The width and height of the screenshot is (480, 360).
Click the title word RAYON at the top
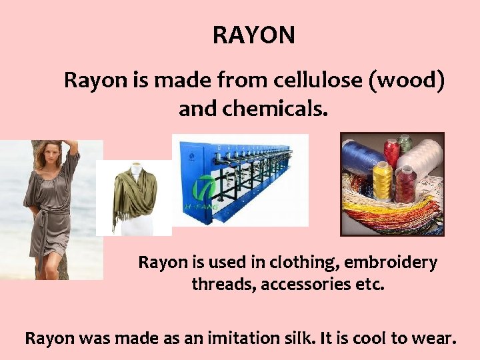click(x=253, y=35)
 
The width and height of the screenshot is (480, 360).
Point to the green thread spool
click(x=405, y=144)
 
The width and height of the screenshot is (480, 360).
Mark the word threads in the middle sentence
click(x=222, y=285)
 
